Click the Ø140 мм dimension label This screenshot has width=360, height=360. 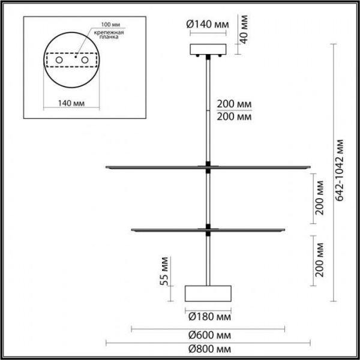point(207,25)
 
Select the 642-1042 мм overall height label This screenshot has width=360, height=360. point(340,170)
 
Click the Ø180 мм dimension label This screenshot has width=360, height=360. point(208,316)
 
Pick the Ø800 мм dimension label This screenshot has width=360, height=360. point(208,349)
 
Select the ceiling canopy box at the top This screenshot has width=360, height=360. point(208,49)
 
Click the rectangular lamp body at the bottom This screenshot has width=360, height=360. point(208,293)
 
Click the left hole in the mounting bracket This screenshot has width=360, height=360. point(58,61)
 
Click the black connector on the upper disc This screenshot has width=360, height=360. point(208,165)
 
